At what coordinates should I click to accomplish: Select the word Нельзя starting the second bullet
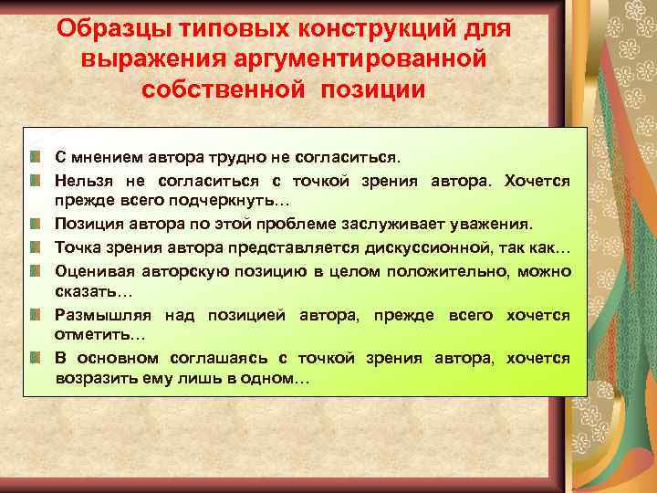pos(81,180)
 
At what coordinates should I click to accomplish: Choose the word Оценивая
pos(94,270)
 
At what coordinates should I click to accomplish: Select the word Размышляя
pos(103,315)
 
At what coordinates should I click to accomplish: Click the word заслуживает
pos(384,225)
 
